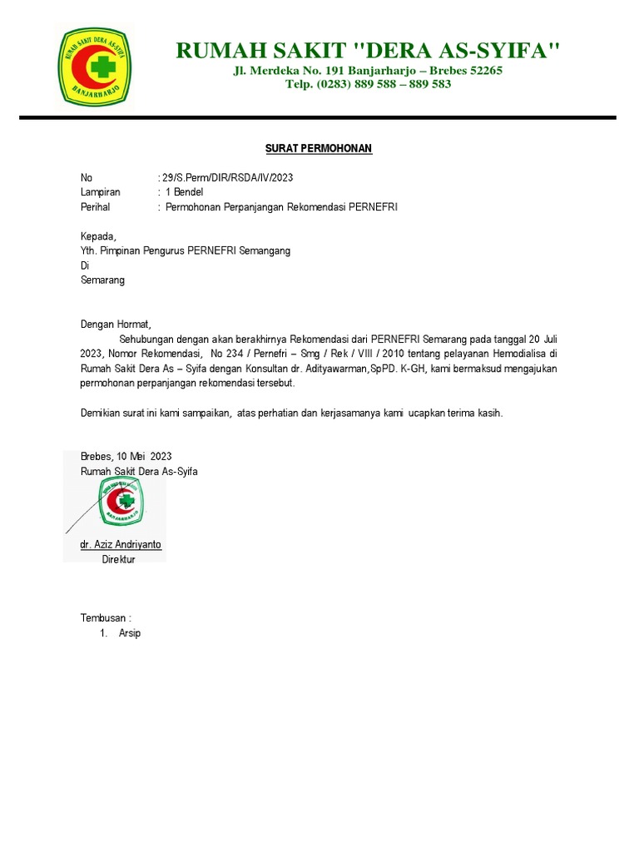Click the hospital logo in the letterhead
(93, 66)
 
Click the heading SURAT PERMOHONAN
(319, 148)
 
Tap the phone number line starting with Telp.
(368, 84)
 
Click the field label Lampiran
(100, 192)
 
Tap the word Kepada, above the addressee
(98, 236)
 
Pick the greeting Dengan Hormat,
(117, 324)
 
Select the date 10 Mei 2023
(145, 456)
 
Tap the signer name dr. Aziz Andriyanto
(121, 544)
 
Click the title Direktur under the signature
(118, 559)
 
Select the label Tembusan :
(106, 618)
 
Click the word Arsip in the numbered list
(130, 633)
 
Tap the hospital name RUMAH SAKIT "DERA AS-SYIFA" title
(368, 52)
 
